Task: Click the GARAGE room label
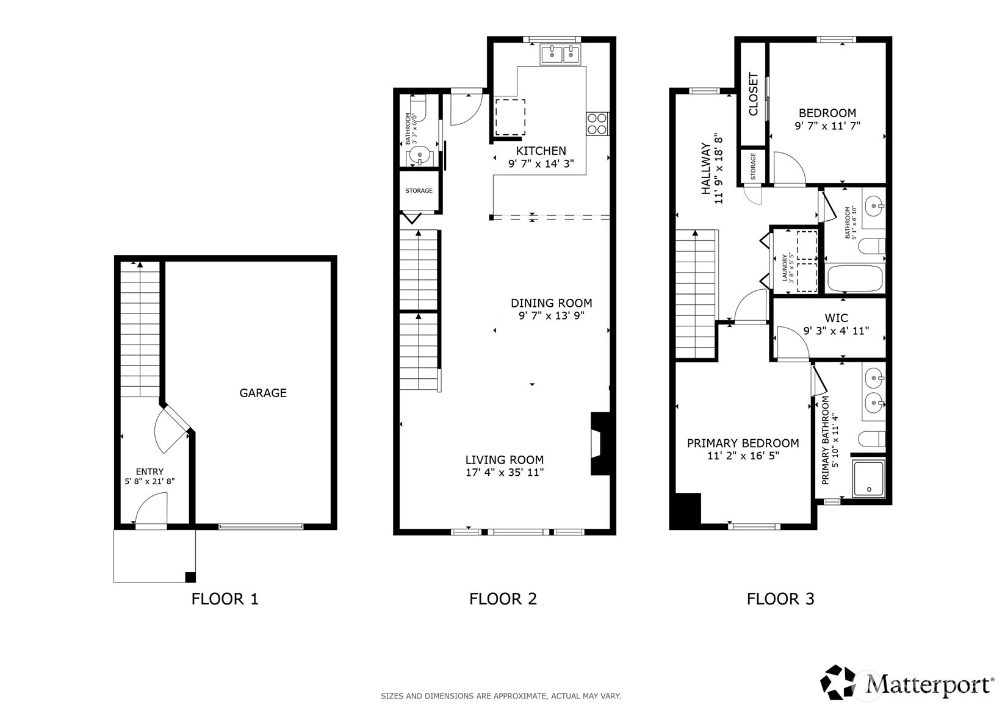pos(262,393)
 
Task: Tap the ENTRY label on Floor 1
pos(149,472)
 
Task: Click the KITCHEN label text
pos(541,151)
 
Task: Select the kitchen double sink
pos(560,55)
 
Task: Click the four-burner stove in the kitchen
pos(597,124)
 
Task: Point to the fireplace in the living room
pos(599,443)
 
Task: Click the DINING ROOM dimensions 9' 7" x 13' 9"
pos(551,316)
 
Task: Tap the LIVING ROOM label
pos(504,460)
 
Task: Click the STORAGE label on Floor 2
pos(419,191)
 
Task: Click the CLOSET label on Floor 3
pos(753,94)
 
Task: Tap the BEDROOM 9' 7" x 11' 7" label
pos(827,113)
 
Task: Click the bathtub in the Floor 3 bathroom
pos(854,278)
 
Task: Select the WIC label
pos(836,318)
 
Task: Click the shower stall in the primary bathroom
pos(868,479)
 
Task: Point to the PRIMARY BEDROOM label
pos(743,443)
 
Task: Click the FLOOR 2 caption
pos(503,598)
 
